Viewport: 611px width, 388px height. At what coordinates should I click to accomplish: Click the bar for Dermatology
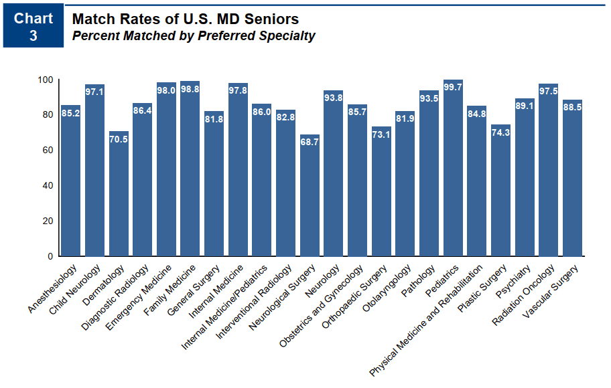pyautogui.click(x=119, y=194)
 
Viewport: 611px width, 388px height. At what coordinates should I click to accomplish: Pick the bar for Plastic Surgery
pyautogui.click(x=500, y=191)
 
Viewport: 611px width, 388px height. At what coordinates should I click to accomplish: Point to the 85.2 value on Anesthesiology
pyautogui.click(x=71, y=114)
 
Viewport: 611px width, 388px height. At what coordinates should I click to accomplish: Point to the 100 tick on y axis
pyautogui.click(x=45, y=80)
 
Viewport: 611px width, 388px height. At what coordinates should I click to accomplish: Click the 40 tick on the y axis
pyautogui.click(x=48, y=185)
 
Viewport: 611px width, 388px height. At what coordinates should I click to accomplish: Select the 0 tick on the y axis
pyautogui.click(x=50, y=256)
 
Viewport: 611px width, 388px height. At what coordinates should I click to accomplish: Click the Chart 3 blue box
pyautogui.click(x=33, y=27)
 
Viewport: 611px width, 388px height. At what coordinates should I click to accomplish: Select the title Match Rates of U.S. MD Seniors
pyautogui.click(x=185, y=19)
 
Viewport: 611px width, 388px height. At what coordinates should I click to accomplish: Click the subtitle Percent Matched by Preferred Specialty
pyautogui.click(x=193, y=36)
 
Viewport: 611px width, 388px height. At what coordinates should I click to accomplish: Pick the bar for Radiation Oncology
pyautogui.click(x=548, y=171)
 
